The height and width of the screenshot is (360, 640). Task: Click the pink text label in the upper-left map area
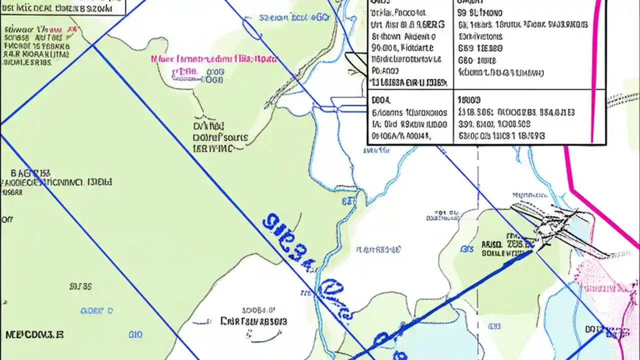click(213, 59)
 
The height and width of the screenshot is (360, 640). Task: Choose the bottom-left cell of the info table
click(410, 117)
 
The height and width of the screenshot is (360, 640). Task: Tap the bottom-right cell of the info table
click(522, 117)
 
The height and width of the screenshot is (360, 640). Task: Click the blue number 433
click(494, 326)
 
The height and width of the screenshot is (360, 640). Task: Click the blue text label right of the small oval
click(295, 18)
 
